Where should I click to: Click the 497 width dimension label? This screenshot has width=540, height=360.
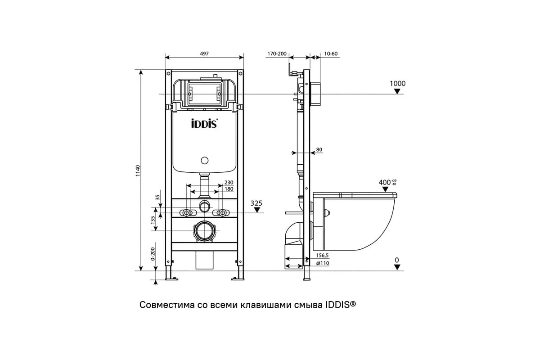click(204, 54)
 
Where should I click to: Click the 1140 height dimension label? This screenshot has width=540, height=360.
click(138, 171)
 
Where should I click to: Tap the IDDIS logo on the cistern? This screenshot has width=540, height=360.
click(205, 123)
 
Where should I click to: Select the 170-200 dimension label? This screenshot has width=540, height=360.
click(277, 54)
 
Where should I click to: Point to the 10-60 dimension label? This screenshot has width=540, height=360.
click(331, 54)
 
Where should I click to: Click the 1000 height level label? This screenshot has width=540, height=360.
click(397, 83)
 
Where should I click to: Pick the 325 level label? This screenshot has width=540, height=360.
click(256, 203)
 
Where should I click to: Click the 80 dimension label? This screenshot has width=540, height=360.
click(319, 149)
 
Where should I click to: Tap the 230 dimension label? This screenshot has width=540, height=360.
click(229, 182)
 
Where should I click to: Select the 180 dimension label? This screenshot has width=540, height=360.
click(229, 189)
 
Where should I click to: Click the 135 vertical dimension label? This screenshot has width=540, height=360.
click(153, 220)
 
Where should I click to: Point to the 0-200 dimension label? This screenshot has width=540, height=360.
click(153, 254)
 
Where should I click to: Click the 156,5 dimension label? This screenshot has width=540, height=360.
click(323, 255)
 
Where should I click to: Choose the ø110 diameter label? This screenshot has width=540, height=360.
click(323, 263)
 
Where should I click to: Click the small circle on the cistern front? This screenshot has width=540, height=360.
click(205, 160)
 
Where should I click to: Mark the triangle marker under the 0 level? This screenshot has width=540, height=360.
click(397, 267)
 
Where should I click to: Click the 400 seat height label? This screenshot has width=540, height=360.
click(384, 182)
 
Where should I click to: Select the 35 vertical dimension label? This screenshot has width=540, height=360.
click(157, 198)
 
